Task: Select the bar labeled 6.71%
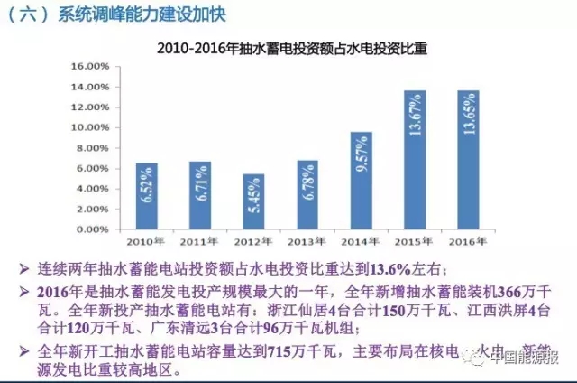(200, 195)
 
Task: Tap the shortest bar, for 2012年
(254, 201)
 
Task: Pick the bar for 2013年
(307, 195)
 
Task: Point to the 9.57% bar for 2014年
(362, 181)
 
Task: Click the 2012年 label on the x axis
(254, 243)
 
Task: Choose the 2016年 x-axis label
(469, 243)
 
